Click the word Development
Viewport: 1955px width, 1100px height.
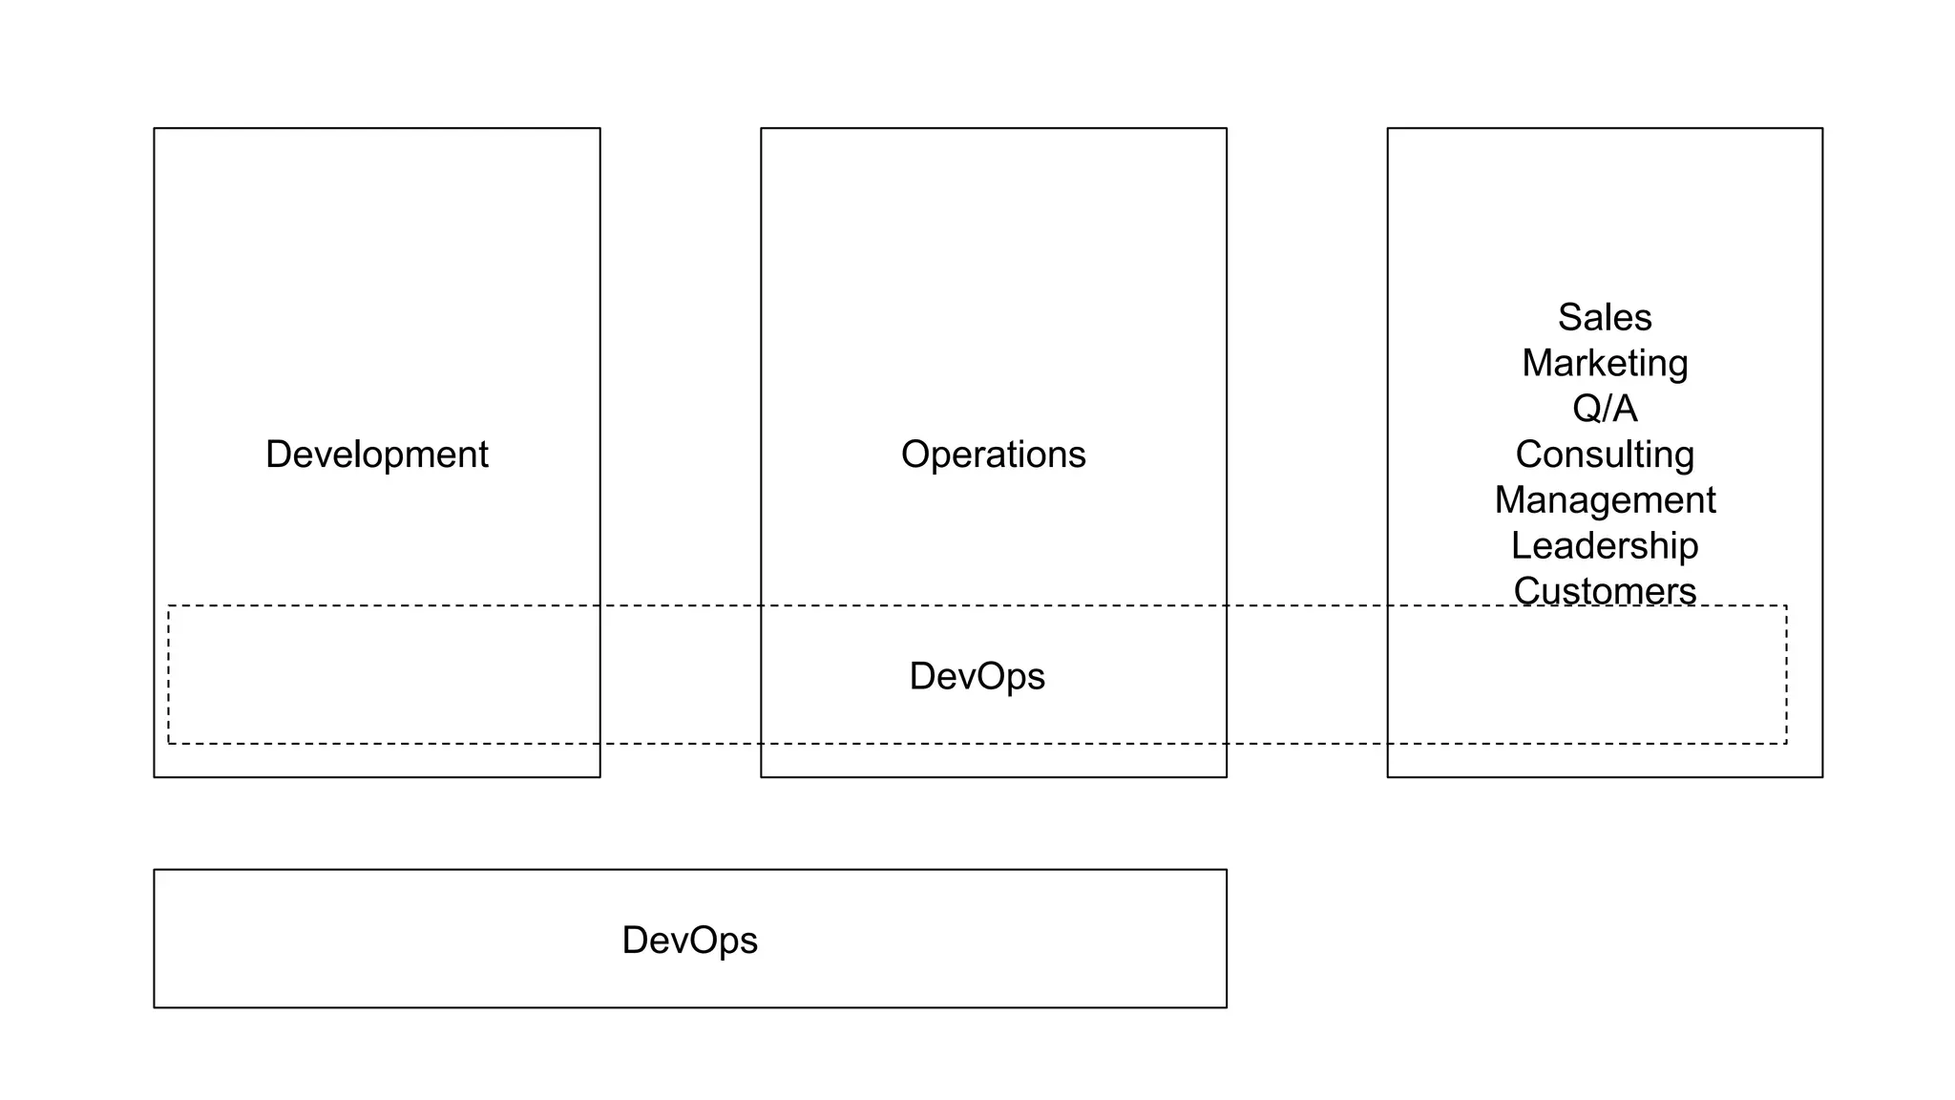coord(376,455)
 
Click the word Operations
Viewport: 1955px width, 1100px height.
coord(993,455)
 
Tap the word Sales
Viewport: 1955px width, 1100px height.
coord(1605,317)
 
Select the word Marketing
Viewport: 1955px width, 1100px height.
coord(1605,363)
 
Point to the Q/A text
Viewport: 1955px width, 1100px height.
coord(1605,409)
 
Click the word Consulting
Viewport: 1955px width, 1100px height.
coord(1605,455)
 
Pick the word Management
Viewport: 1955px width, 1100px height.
coord(1605,500)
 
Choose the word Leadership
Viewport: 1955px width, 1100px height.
coord(1605,546)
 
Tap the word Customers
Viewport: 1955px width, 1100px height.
coord(1605,590)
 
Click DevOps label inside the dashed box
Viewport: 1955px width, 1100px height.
coord(977,676)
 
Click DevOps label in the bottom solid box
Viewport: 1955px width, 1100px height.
coord(689,941)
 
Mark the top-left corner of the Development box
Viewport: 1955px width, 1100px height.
coord(155,129)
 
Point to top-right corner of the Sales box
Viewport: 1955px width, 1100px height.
coord(1822,129)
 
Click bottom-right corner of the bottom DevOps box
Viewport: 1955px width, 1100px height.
coord(1227,1007)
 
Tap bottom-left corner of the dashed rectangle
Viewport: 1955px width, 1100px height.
coord(169,743)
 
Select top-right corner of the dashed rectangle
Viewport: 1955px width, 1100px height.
coord(1786,605)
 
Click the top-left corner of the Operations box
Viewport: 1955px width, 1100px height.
coord(762,129)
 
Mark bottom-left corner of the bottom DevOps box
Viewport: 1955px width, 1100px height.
coord(155,1007)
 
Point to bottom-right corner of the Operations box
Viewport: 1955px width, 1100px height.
coord(1227,777)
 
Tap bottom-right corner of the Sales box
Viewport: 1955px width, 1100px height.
coord(1822,777)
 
